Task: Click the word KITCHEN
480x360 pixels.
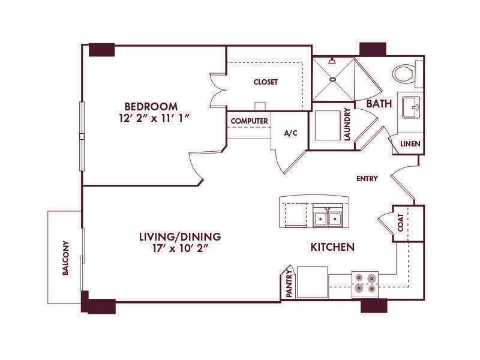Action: coord(332,247)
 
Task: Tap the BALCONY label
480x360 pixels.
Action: coord(65,258)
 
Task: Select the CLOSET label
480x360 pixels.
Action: coord(265,82)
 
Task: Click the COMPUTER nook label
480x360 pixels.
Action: coord(249,121)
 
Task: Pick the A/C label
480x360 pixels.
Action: coord(290,133)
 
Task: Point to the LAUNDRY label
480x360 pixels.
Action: coord(347,124)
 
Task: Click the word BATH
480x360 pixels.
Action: coord(379,104)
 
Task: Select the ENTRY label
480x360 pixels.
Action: coord(366,179)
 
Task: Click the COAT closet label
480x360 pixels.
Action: coord(401,223)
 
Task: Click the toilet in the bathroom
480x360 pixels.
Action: coord(406,74)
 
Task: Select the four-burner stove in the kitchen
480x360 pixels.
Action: coord(365,283)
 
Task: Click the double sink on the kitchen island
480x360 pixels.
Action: coord(327,218)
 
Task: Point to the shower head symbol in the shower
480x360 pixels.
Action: coord(331,61)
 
